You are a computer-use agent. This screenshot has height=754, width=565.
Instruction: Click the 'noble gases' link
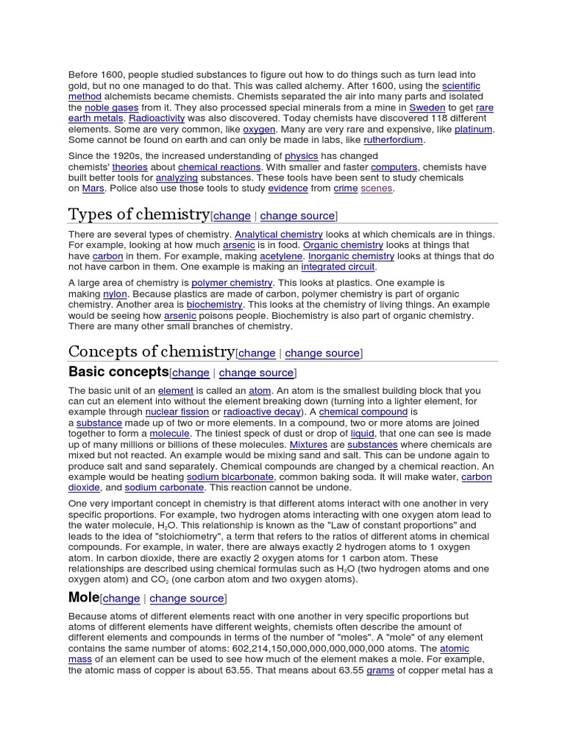pyautogui.click(x=107, y=108)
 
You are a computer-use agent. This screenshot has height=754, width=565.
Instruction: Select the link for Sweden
pyautogui.click(x=427, y=108)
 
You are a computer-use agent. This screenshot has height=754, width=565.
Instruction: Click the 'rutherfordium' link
pyautogui.click(x=393, y=140)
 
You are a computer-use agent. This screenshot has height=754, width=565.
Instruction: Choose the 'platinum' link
pyautogui.click(x=473, y=129)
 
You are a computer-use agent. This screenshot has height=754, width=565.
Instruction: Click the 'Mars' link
pyautogui.click(x=93, y=188)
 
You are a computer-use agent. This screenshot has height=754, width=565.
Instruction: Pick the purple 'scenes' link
pyautogui.click(x=377, y=188)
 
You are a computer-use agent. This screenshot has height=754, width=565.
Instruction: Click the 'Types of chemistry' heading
pyautogui.click(x=138, y=214)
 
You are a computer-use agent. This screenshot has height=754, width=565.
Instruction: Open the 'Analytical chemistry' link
pyautogui.click(x=279, y=234)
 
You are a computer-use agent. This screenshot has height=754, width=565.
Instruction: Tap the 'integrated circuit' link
pyautogui.click(x=338, y=267)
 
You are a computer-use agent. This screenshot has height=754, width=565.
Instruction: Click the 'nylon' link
pyautogui.click(x=115, y=294)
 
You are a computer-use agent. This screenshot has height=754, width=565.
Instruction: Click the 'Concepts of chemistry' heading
pyautogui.click(x=152, y=351)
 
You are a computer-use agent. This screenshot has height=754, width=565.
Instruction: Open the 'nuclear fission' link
pyautogui.click(x=177, y=412)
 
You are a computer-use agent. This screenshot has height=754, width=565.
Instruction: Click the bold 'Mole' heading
pyautogui.click(x=83, y=597)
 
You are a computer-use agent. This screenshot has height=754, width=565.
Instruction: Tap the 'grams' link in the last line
pyautogui.click(x=380, y=671)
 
